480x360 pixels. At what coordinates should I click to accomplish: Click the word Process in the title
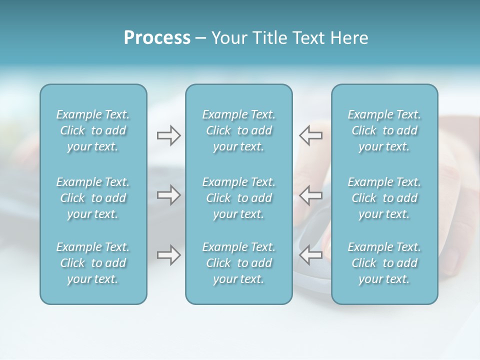pos(157,38)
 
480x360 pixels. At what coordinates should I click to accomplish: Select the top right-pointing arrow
pos(168,135)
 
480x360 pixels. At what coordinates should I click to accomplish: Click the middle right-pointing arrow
pos(168,194)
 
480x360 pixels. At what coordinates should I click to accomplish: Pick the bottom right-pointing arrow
pos(168,255)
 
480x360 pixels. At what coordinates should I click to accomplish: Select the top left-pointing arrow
pos(310,135)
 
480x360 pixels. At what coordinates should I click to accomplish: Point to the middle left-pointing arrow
pos(310,194)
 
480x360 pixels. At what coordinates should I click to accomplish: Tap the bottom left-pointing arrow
pos(310,255)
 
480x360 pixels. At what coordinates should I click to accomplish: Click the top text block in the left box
pos(93,130)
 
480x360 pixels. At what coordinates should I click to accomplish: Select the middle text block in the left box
pos(93,198)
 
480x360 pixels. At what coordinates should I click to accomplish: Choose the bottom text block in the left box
pos(93,263)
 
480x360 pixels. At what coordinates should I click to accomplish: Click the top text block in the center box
pos(239,130)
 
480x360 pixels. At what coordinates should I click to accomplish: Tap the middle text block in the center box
pos(239,198)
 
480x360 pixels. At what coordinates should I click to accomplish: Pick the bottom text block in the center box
pos(239,263)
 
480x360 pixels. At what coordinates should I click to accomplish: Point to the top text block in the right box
pos(384,130)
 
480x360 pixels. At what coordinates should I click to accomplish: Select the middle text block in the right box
pos(384,198)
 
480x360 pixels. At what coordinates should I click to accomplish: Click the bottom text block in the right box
pos(384,263)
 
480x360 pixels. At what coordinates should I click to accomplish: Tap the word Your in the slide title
pos(228,38)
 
